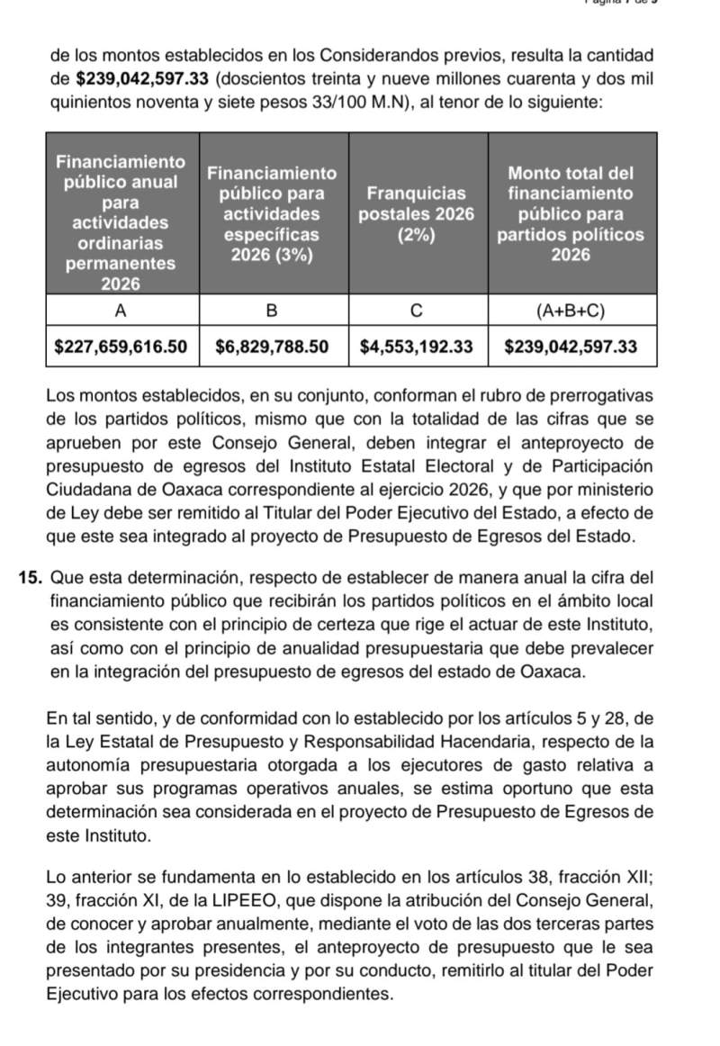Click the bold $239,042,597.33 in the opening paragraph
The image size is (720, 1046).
pos(154,79)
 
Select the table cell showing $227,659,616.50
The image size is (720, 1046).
pos(122,347)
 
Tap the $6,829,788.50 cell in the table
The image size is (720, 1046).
pos(273,347)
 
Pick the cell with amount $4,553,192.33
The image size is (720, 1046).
pos(417,347)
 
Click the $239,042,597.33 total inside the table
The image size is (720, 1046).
pos(571,347)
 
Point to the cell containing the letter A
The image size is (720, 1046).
pos(121,311)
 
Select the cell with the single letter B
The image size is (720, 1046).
pos(272,311)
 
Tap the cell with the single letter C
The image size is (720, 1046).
pos(417,311)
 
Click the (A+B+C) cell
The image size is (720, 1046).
pos(571,311)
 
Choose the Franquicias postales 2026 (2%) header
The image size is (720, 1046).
pos(417,214)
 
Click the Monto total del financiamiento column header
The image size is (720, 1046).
pos(571,214)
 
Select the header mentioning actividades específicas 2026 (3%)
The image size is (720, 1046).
pos(272,214)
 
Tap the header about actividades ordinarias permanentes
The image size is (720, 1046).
pos(121,222)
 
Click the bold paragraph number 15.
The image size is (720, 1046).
pos(28,576)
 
